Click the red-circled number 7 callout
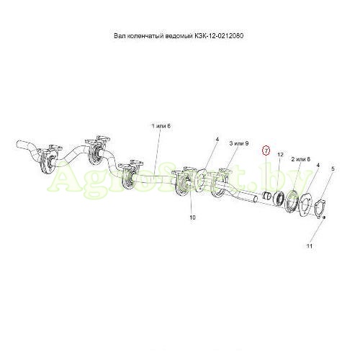tap(266, 150)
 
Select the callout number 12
tap(280, 155)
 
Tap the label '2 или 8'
tap(301, 159)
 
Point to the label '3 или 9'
tap(239, 143)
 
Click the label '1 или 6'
tap(161, 126)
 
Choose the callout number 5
tap(333, 168)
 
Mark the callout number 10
tap(193, 217)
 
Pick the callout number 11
tap(310, 246)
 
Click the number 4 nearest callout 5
tap(318, 165)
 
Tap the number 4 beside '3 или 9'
tap(217, 139)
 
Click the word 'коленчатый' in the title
tap(146, 36)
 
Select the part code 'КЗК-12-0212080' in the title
tap(218, 36)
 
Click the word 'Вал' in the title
tap(120, 36)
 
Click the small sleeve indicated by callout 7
tap(266, 196)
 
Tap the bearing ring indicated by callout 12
tap(279, 198)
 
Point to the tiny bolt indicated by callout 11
tap(324, 217)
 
